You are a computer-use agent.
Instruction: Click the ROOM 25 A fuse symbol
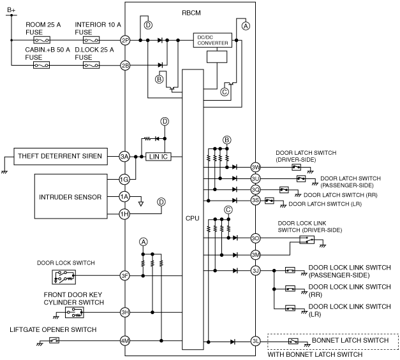[41, 40]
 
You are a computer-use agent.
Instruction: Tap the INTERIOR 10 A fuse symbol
[91, 40]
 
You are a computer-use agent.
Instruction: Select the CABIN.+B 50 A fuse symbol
[41, 65]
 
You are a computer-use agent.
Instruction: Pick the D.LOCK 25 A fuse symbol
[91, 65]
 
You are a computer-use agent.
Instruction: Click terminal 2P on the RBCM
[125, 40]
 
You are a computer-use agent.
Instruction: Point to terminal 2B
[125, 66]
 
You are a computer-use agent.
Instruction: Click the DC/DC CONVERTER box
[212, 40]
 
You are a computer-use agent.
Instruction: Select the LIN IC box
[158, 157]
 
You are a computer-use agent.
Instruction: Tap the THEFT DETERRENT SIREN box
[61, 156]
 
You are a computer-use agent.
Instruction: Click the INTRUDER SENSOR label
[70, 197]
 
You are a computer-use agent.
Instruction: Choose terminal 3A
[124, 157]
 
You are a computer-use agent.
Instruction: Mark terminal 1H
[124, 214]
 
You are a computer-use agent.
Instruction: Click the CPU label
[193, 219]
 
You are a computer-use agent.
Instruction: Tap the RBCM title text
[191, 13]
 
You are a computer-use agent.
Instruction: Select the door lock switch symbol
[64, 277]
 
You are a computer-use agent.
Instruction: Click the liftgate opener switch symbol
[54, 340]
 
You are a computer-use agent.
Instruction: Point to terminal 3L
[255, 342]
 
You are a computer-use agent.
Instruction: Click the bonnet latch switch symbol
[293, 341]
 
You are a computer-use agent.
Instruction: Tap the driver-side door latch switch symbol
[296, 167]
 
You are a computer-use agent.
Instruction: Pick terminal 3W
[255, 168]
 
